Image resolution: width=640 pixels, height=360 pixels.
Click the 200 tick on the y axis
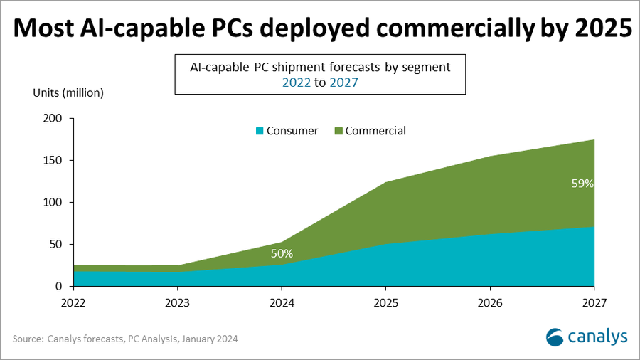click(x=53, y=119)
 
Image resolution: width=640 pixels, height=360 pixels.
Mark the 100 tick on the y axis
click(x=53, y=203)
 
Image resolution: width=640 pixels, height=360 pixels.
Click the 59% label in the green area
click(x=582, y=183)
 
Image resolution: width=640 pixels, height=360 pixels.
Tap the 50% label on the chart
click(x=282, y=253)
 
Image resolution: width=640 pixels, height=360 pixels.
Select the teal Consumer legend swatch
click(x=260, y=131)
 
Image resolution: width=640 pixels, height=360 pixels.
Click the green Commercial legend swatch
click(x=338, y=131)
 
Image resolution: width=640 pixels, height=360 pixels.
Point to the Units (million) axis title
click(x=68, y=92)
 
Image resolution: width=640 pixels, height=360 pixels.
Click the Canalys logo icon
click(x=557, y=336)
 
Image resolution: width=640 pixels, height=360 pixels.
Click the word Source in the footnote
click(x=27, y=339)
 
